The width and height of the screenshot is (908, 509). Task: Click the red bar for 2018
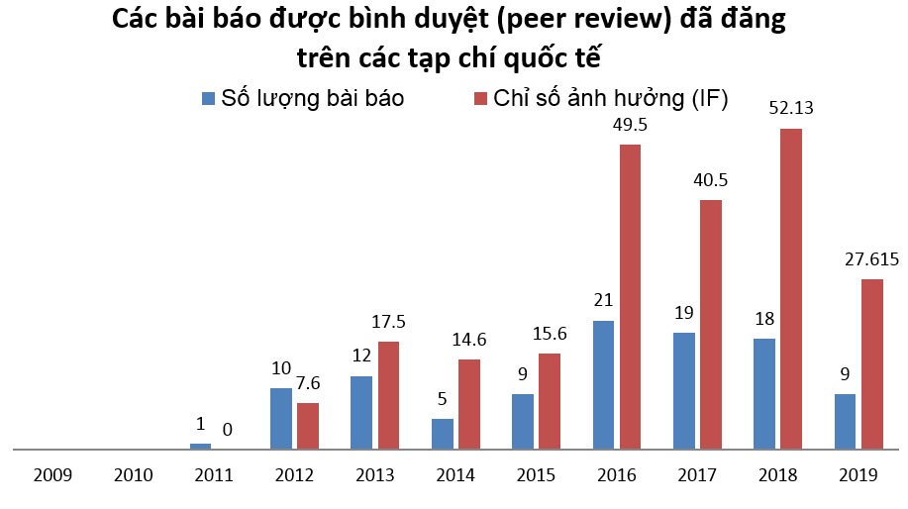click(x=790, y=288)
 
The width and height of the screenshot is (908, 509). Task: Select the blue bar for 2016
click(x=603, y=384)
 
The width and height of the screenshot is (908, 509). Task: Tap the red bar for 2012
click(x=308, y=426)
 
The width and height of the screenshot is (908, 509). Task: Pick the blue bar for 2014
click(x=442, y=434)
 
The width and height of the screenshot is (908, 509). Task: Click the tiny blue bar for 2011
click(x=200, y=446)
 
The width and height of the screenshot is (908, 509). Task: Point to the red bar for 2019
click(x=871, y=363)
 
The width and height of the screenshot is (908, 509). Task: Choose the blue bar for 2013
click(x=361, y=412)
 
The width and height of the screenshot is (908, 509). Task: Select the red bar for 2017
click(x=711, y=324)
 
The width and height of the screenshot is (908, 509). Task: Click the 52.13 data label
click(x=790, y=108)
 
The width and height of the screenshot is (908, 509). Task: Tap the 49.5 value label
click(x=631, y=125)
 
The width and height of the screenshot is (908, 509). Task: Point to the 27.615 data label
click(x=871, y=259)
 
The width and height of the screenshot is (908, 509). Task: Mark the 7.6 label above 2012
click(x=309, y=383)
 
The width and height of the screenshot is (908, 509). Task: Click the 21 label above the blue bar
click(x=603, y=301)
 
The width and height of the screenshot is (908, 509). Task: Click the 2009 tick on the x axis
click(x=51, y=475)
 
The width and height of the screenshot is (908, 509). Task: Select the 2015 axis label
click(x=536, y=475)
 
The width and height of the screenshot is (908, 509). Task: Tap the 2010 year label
click(x=133, y=475)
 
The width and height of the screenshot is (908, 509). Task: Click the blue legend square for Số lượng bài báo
click(x=208, y=98)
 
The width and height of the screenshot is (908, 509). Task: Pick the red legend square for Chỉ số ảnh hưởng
click(x=481, y=98)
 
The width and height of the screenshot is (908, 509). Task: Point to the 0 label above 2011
click(x=228, y=430)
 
